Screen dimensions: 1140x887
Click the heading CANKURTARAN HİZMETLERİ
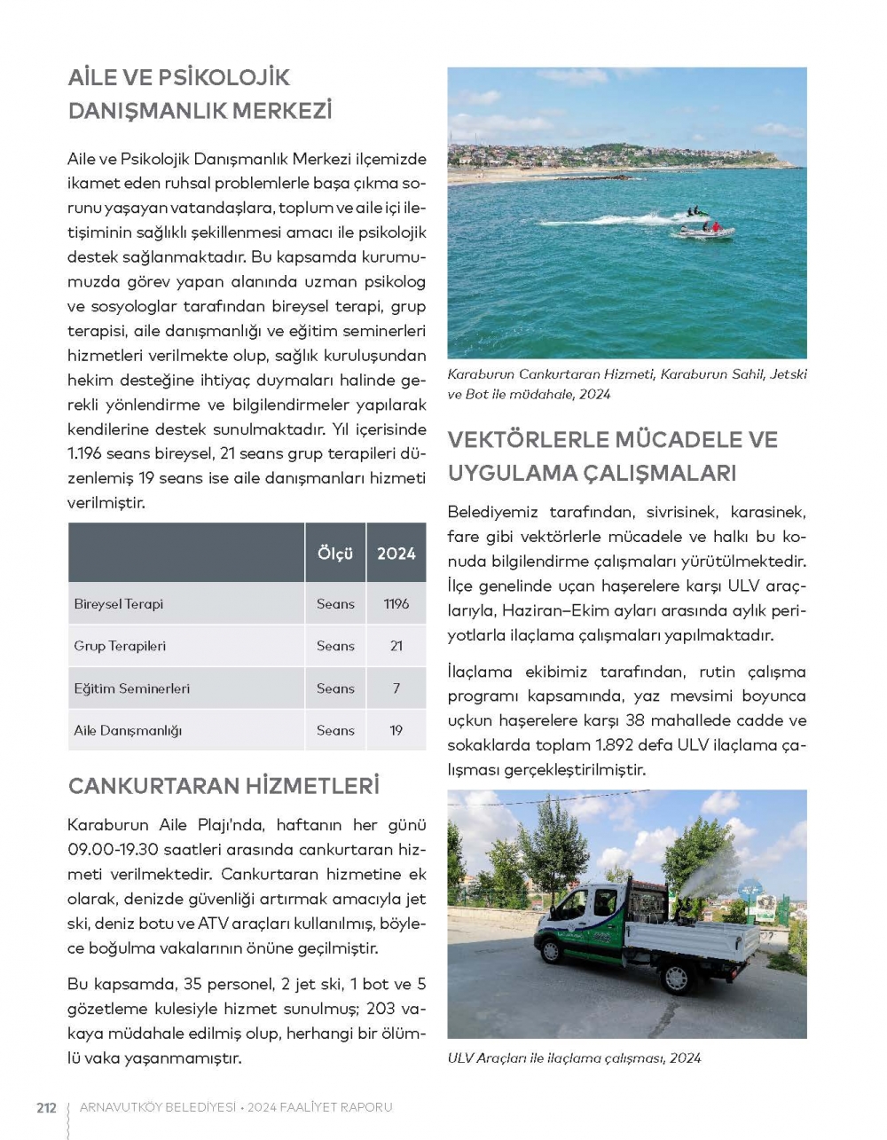(224, 786)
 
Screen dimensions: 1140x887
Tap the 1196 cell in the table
(396, 604)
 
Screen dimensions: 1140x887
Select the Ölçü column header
(335, 554)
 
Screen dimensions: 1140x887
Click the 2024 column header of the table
(396, 554)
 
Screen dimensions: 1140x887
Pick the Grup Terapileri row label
(120, 646)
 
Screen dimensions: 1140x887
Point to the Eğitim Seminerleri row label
(131, 688)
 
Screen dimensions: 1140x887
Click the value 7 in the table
(396, 688)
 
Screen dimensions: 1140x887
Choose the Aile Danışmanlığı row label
(128, 731)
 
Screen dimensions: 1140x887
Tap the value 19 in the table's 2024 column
(396, 731)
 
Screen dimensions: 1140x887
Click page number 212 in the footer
(46, 1107)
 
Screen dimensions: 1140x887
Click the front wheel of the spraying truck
(551, 950)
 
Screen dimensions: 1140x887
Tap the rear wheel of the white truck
(676, 977)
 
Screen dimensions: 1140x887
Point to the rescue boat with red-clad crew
(706, 231)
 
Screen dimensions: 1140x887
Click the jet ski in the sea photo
(695, 213)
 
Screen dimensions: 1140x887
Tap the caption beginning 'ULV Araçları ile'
(574, 1057)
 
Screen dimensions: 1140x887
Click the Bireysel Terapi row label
(119, 604)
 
